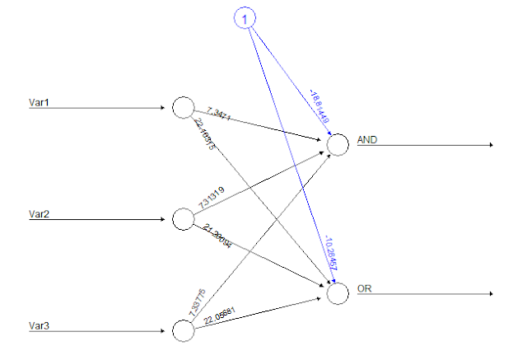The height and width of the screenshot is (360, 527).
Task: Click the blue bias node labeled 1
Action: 244,18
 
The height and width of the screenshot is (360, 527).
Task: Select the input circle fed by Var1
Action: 183,107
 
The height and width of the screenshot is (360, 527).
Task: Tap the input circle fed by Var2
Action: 183,219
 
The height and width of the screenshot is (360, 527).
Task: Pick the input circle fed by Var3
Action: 183,330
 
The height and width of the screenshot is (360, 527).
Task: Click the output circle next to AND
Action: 338,145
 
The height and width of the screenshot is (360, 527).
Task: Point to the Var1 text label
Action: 40,103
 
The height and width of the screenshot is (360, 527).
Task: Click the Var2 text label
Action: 40,214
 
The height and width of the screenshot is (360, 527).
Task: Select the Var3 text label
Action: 40,326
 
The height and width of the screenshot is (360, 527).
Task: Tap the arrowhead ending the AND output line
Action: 491,145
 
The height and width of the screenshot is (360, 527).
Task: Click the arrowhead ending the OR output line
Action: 491,293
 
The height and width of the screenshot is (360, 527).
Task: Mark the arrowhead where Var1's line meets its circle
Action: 167,107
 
